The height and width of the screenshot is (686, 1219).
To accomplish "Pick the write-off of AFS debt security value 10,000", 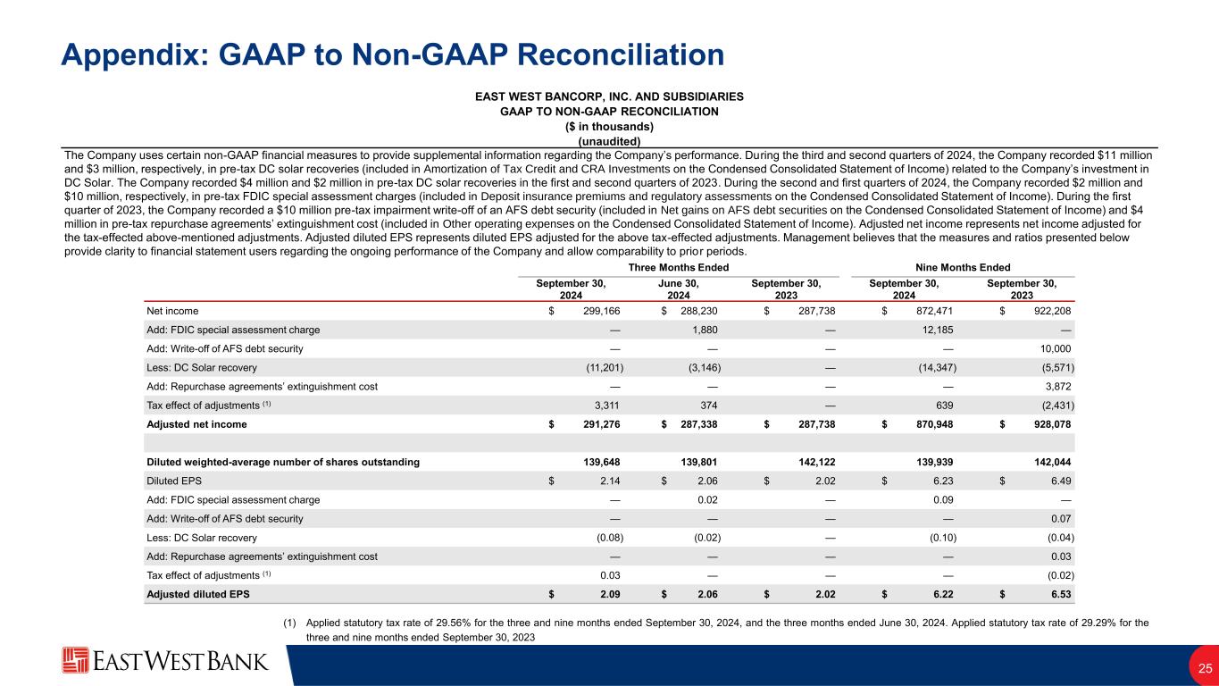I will coord(1055,348).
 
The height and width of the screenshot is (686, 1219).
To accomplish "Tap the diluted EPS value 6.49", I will coord(1063,481).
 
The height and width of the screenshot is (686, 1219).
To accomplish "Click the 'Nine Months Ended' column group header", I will coord(964,267).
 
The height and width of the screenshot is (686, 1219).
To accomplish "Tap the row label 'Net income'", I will coord(172,311).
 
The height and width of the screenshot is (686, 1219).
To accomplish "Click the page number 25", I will coord(1205,668).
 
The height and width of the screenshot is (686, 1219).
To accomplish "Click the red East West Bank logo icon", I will coord(75,661).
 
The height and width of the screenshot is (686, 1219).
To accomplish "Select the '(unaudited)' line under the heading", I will coord(609,141).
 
